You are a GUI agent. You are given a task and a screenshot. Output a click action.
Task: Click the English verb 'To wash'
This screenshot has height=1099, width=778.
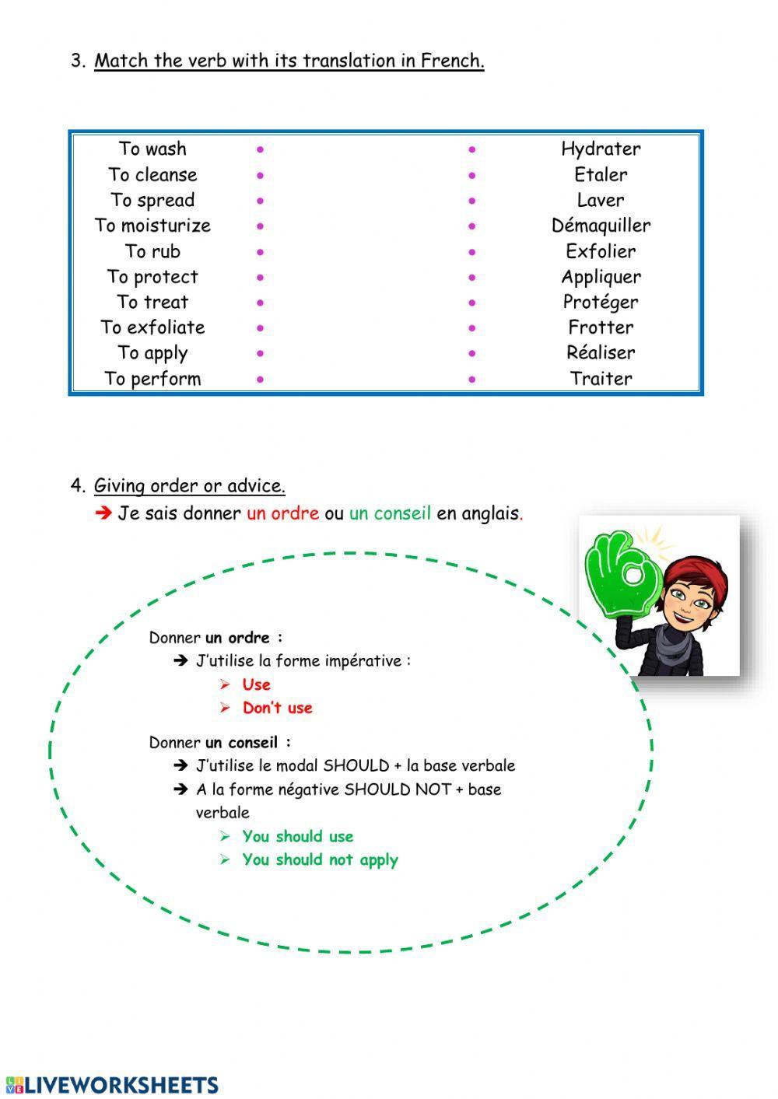pos(152,149)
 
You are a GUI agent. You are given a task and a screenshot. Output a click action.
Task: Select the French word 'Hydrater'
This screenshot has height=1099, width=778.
pos(601,149)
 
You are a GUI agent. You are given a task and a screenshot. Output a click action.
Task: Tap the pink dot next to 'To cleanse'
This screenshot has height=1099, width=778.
pos(260,175)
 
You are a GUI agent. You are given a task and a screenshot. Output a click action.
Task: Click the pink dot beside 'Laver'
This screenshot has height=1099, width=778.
pos(472,201)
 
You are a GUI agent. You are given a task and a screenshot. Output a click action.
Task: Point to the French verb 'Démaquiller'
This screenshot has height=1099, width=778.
pos(601,226)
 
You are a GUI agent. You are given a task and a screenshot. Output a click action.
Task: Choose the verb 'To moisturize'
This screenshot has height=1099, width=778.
pos(152,226)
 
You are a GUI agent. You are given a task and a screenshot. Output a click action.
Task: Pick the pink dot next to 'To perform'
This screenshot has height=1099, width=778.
pos(260,380)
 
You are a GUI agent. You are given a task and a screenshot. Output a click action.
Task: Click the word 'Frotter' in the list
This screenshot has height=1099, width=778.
pos(601,327)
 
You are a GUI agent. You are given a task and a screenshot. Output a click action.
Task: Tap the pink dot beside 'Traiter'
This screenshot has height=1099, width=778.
pos(472,380)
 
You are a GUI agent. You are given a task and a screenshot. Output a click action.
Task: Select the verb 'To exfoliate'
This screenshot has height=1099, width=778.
pos(152,327)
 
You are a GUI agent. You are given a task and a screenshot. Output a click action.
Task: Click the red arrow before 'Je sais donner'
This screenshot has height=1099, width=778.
pos(103,513)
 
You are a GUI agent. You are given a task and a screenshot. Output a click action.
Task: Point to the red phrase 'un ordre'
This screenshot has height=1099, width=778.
pos(282,513)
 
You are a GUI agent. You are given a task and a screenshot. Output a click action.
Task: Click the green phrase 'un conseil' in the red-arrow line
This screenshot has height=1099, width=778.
pos(390,513)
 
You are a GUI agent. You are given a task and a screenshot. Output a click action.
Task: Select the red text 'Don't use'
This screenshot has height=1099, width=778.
pos(277,708)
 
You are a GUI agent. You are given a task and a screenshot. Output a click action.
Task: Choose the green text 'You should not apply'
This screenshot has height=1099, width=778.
pos(320,859)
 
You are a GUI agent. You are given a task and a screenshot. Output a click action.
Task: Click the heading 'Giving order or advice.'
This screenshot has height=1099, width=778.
pos(189,486)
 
